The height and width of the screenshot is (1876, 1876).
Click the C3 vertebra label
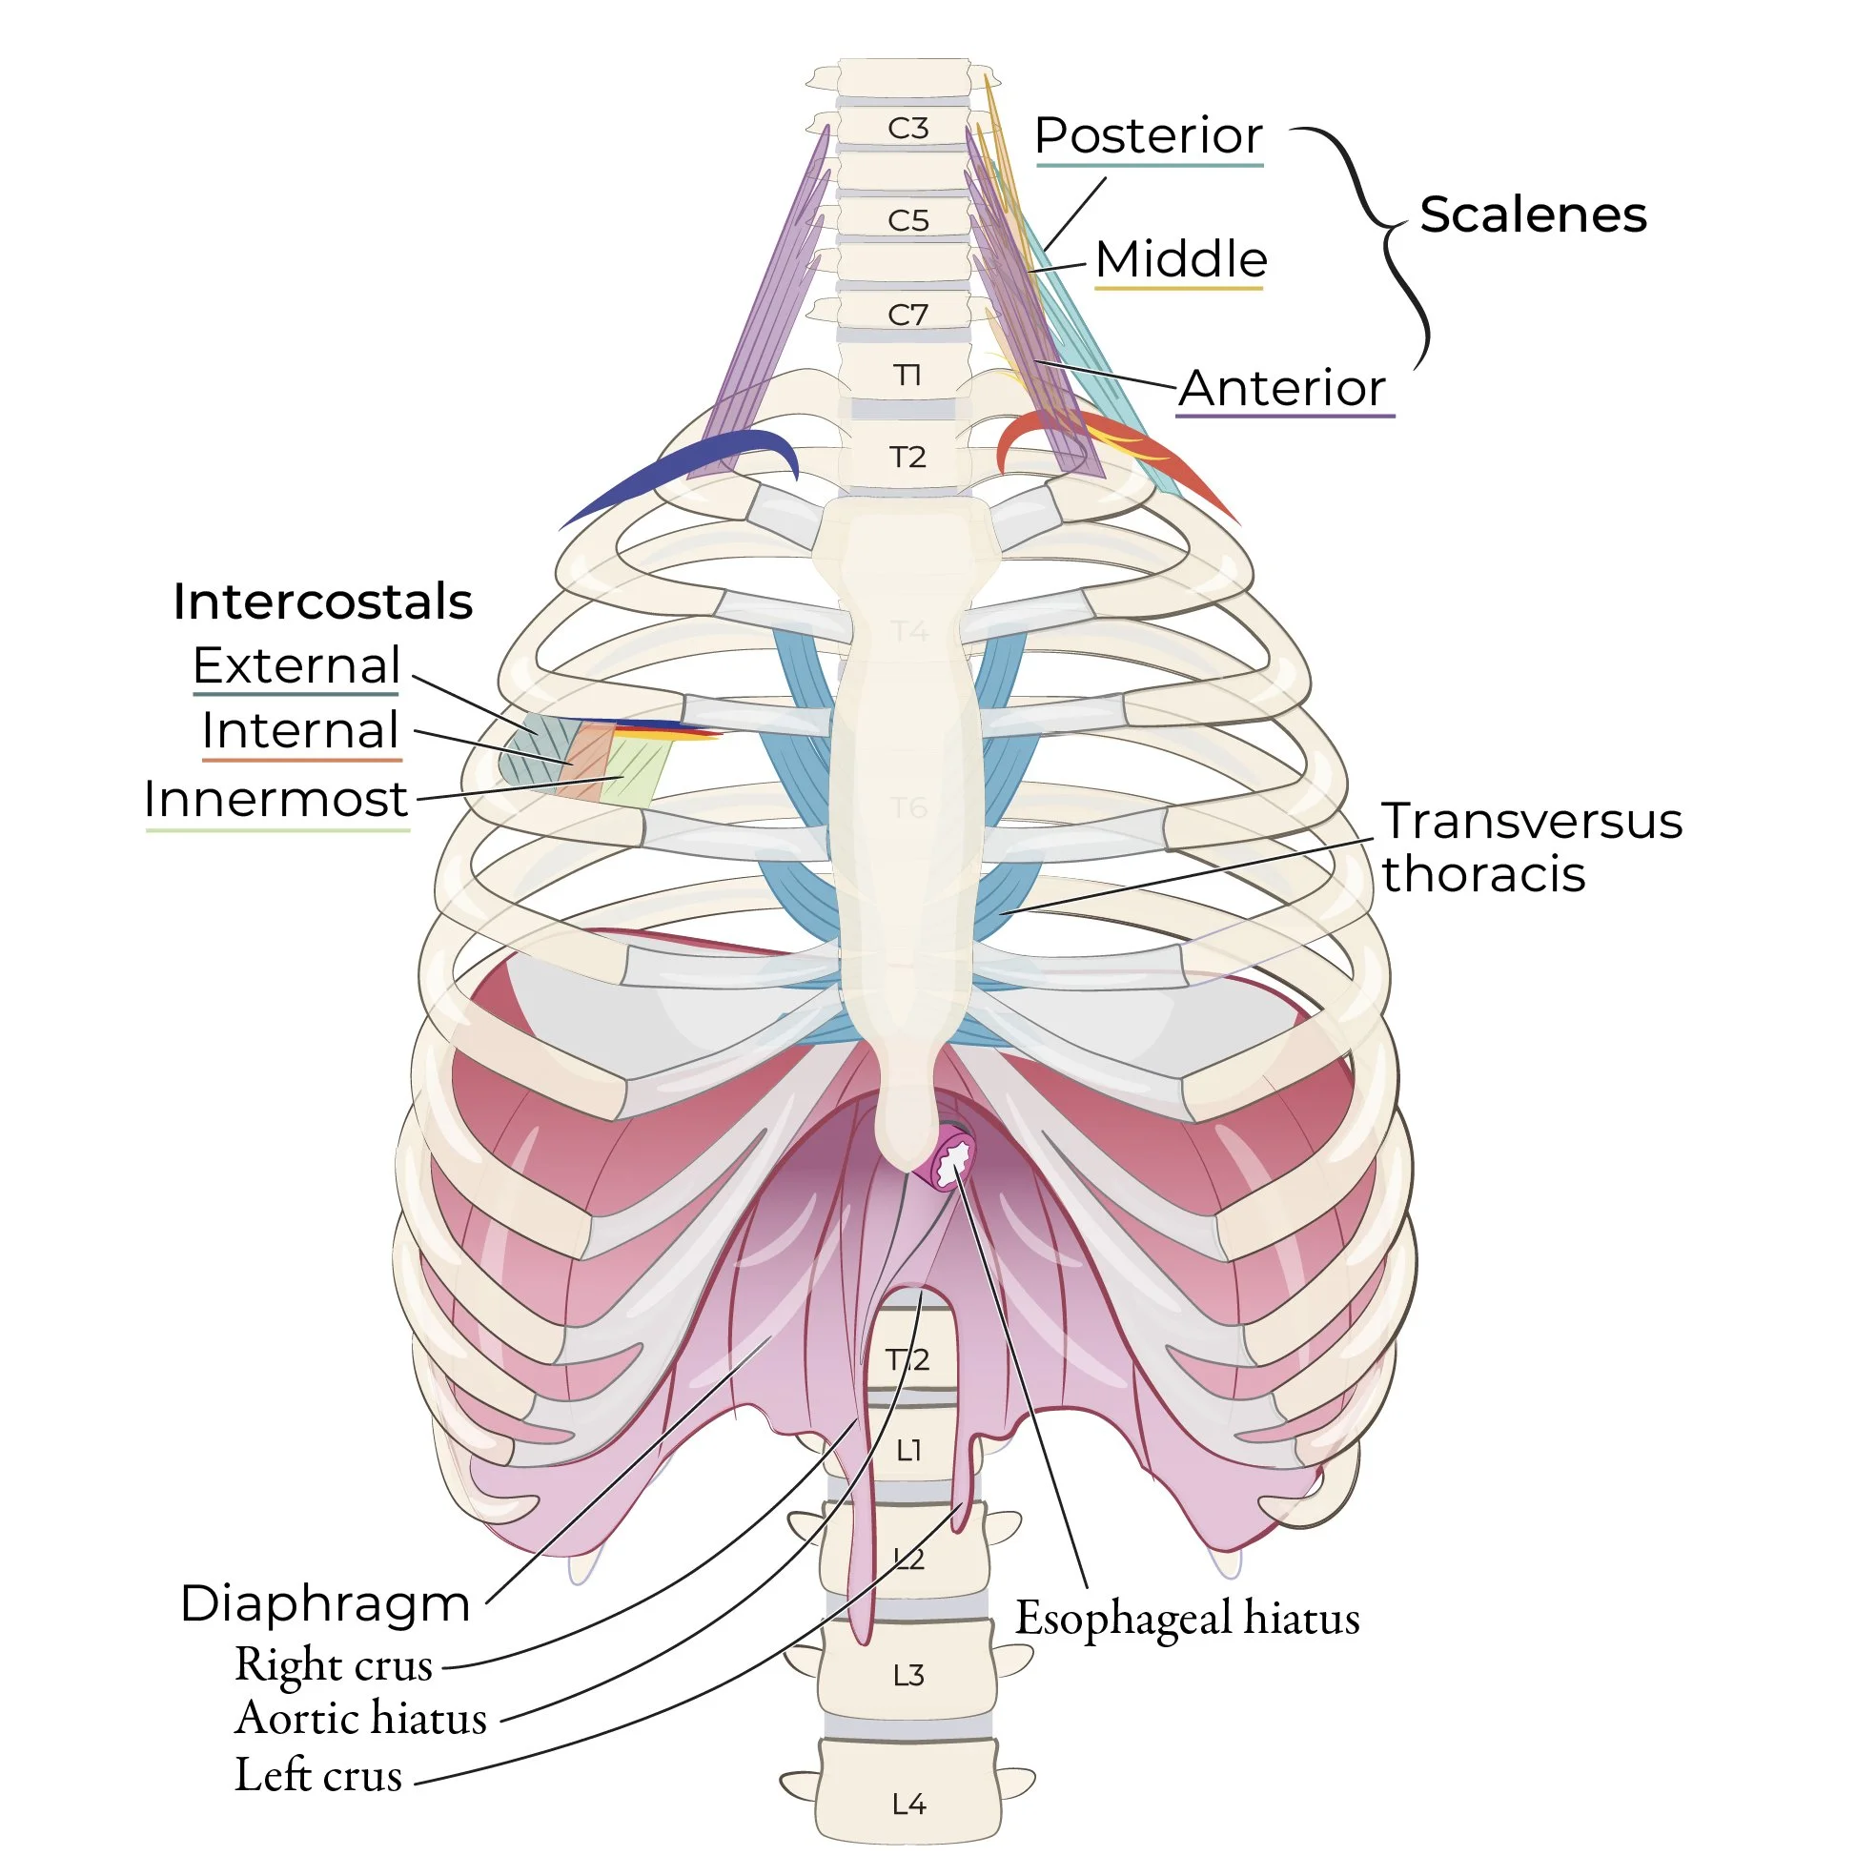(x=907, y=128)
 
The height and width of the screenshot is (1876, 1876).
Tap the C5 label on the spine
(x=907, y=221)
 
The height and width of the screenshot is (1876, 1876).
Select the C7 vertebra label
(x=907, y=315)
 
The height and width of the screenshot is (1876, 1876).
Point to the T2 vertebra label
(x=907, y=458)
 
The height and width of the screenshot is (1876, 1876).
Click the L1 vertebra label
(x=907, y=1451)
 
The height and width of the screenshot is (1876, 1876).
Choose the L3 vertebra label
(x=907, y=1675)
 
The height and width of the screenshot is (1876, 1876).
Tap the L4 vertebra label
(x=907, y=1805)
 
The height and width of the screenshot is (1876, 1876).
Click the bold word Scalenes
(x=1532, y=214)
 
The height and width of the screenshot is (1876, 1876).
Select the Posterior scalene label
(x=1148, y=136)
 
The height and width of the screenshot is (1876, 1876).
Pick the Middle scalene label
(x=1181, y=260)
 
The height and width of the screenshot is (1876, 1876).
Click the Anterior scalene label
(x=1283, y=388)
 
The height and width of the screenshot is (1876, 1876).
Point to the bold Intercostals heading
(x=322, y=602)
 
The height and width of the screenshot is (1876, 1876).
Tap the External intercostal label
(x=296, y=666)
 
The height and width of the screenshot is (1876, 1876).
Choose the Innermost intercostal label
(x=275, y=800)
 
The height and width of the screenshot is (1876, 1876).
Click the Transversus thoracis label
(x=1530, y=846)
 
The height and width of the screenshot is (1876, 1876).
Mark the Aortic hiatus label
(x=360, y=1718)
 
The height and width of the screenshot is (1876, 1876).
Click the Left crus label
(x=318, y=1774)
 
